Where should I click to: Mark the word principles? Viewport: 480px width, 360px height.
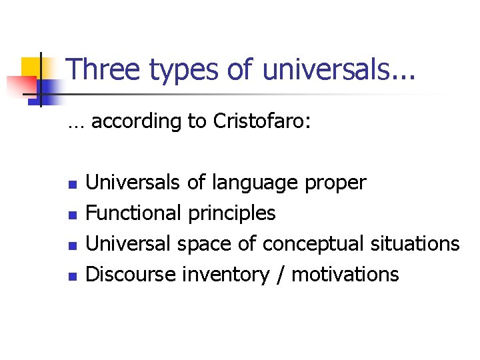click(x=232, y=213)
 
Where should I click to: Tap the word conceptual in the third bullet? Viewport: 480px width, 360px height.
click(x=311, y=244)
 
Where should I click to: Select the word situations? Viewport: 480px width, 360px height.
click(x=413, y=244)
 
